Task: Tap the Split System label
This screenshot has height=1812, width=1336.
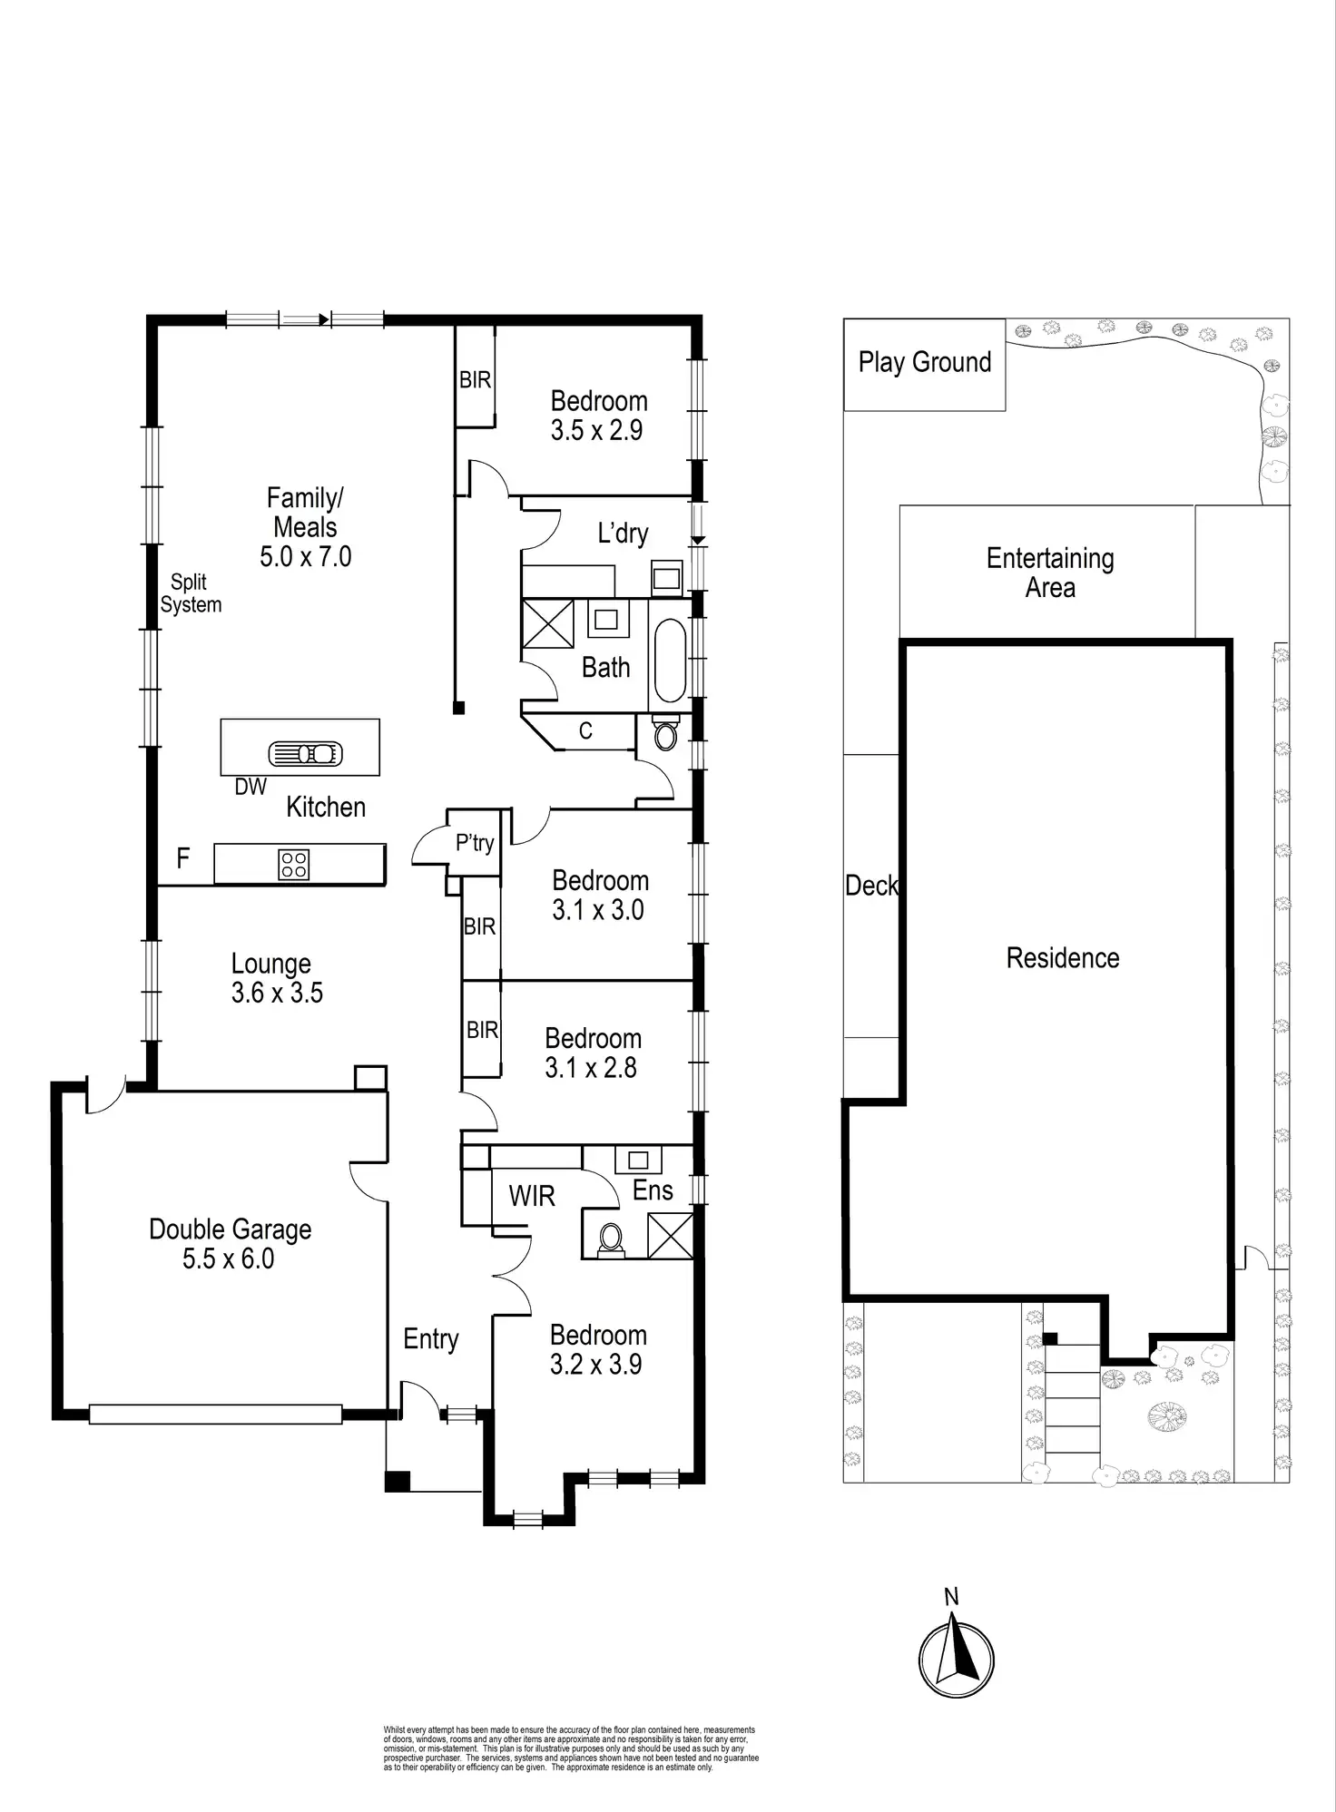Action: [x=191, y=593]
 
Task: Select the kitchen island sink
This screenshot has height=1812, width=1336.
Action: [x=305, y=753]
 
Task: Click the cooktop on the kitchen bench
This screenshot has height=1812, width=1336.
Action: [x=294, y=864]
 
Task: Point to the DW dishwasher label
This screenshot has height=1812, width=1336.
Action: [x=250, y=788]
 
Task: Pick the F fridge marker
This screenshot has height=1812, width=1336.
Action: [x=183, y=858]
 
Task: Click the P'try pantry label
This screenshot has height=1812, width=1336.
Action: [x=475, y=843]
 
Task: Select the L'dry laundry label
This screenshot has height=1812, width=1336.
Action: [x=623, y=534]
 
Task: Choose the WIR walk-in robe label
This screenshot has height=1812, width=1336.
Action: [x=531, y=1196]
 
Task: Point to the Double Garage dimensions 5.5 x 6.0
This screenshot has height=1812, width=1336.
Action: [x=228, y=1259]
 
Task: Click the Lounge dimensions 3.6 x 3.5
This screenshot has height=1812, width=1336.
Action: [x=277, y=993]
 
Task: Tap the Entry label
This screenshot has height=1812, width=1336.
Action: [x=431, y=1338]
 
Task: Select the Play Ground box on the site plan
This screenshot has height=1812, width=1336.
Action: [x=924, y=363]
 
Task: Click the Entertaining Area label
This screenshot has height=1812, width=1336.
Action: [x=1050, y=573]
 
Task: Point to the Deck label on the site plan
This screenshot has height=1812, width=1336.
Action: [x=871, y=886]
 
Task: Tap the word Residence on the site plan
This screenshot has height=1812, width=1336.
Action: [x=1063, y=958]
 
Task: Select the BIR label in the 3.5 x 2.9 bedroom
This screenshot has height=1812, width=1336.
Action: [x=475, y=379]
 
